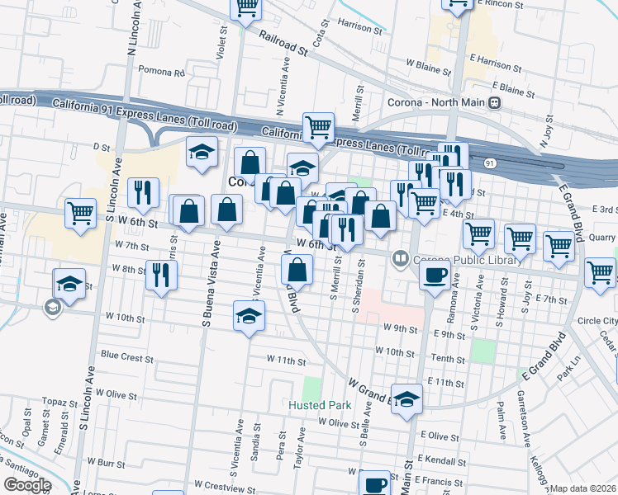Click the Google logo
(x=27, y=485)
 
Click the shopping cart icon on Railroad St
(x=246, y=7)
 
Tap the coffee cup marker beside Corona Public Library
(x=435, y=276)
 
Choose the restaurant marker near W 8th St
(x=161, y=274)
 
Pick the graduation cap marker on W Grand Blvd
(x=406, y=400)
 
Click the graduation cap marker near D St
(x=202, y=152)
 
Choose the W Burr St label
(x=105, y=464)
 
